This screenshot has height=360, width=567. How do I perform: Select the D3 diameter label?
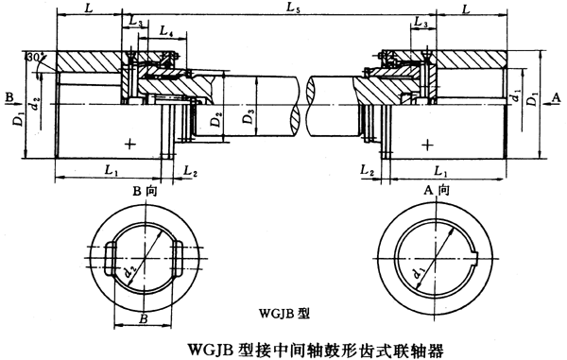(x=247, y=120)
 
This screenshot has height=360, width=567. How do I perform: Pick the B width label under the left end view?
(x=145, y=319)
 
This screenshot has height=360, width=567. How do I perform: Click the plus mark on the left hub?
(x=129, y=143)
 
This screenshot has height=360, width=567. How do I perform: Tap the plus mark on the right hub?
(x=429, y=143)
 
